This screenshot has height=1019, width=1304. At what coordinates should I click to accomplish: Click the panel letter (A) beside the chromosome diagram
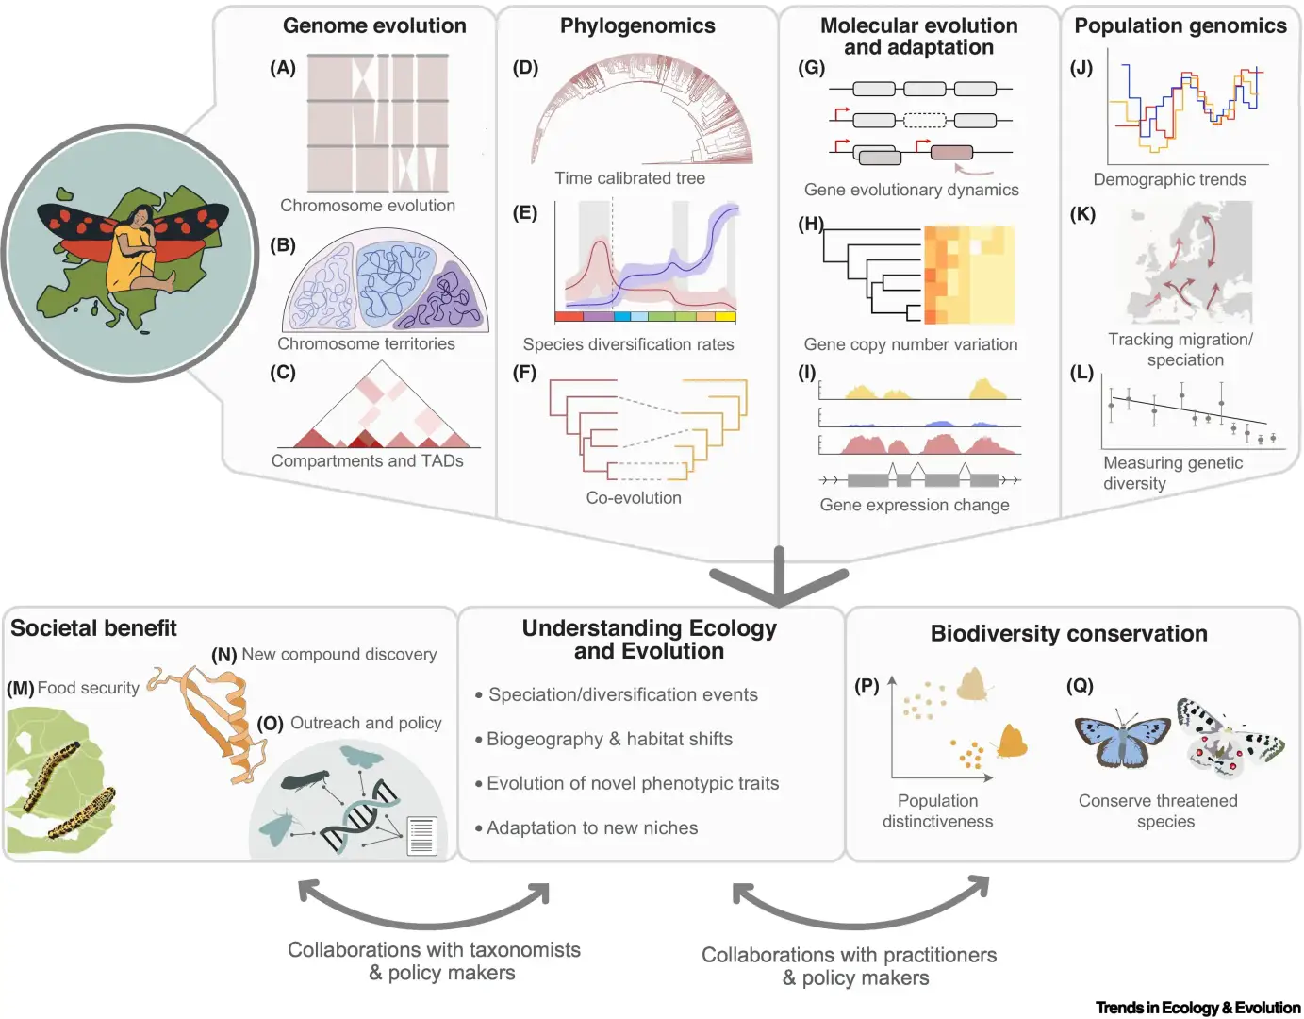pyautogui.click(x=283, y=68)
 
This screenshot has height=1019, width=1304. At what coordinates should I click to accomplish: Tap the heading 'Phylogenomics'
pyautogui.click(x=637, y=26)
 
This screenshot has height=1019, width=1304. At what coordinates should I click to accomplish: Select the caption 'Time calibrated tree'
pyautogui.click(x=629, y=178)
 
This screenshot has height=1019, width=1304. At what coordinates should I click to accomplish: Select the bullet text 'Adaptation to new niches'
pyautogui.click(x=592, y=827)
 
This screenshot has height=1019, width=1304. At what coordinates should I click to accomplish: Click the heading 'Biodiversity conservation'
pyautogui.click(x=1068, y=634)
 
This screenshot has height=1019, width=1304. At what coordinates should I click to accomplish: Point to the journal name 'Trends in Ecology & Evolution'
pyautogui.click(x=1197, y=1008)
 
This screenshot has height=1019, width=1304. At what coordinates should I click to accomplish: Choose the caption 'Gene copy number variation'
pyautogui.click(x=910, y=344)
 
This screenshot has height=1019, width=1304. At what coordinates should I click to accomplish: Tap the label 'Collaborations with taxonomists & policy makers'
pyautogui.click(x=434, y=961)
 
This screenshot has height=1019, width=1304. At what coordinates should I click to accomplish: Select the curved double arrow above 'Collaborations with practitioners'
pyautogui.click(x=860, y=906)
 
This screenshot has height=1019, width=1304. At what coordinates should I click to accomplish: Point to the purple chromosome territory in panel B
pyautogui.click(x=454, y=296)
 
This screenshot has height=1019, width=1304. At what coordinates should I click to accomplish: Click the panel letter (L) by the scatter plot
pyautogui.click(x=1081, y=373)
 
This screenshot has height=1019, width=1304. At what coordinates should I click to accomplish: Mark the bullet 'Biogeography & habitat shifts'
pyautogui.click(x=609, y=739)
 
